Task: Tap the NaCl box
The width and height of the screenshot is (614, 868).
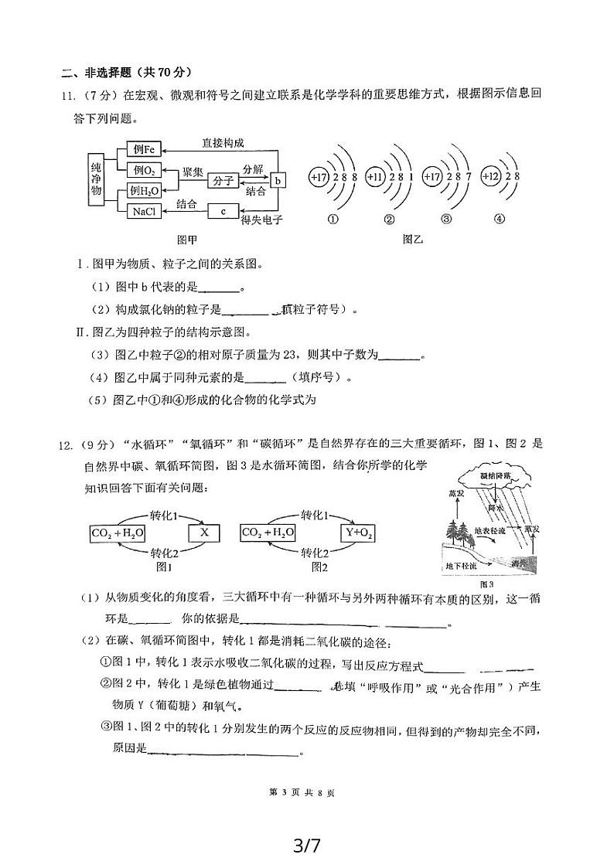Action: point(144,209)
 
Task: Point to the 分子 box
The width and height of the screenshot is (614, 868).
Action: point(222,180)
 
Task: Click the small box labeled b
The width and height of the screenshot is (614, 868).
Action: point(278,180)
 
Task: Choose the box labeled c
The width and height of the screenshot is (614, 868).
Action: point(223,209)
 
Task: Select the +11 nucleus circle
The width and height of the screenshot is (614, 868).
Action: point(376,177)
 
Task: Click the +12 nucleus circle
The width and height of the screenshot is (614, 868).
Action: point(493,177)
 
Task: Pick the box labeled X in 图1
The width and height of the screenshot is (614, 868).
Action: point(204,533)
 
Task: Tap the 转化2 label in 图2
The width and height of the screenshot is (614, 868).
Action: point(316,553)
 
